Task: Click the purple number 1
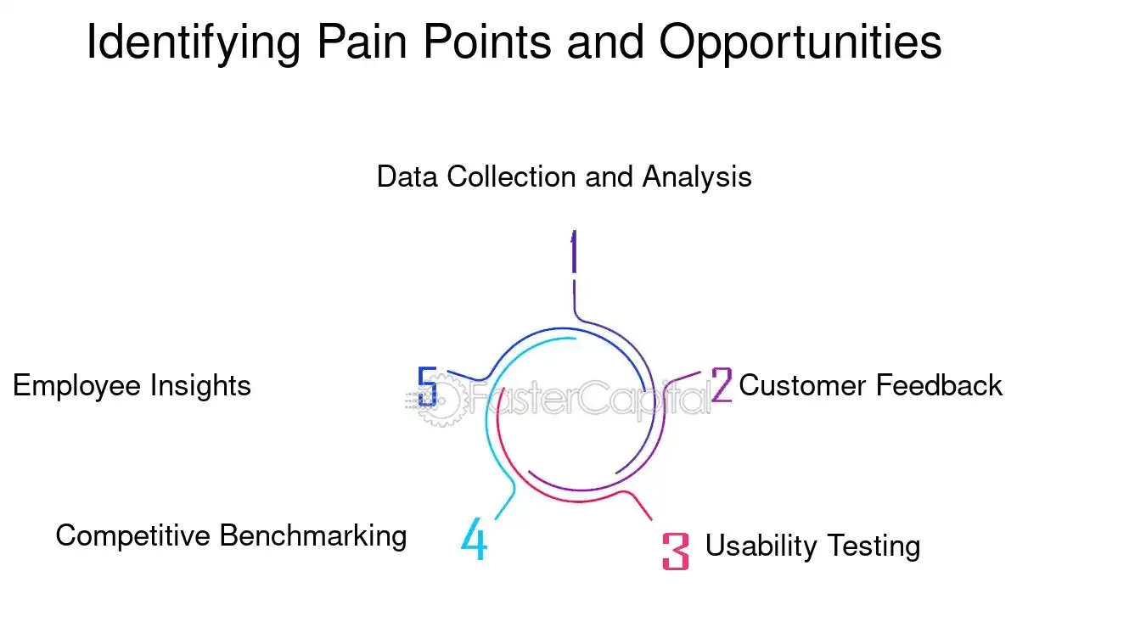[574, 252]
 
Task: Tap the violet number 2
[721, 385]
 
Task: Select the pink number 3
[675, 551]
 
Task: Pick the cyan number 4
[475, 539]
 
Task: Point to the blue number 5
[428, 387]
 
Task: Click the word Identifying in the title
[193, 42]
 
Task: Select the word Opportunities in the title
[801, 42]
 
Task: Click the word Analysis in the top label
[696, 177]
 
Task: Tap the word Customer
[802, 385]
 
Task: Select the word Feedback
[938, 385]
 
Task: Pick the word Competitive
[133, 535]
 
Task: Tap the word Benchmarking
[313, 536]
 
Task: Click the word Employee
[77, 386]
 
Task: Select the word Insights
[200, 386]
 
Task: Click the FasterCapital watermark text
[586, 398]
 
